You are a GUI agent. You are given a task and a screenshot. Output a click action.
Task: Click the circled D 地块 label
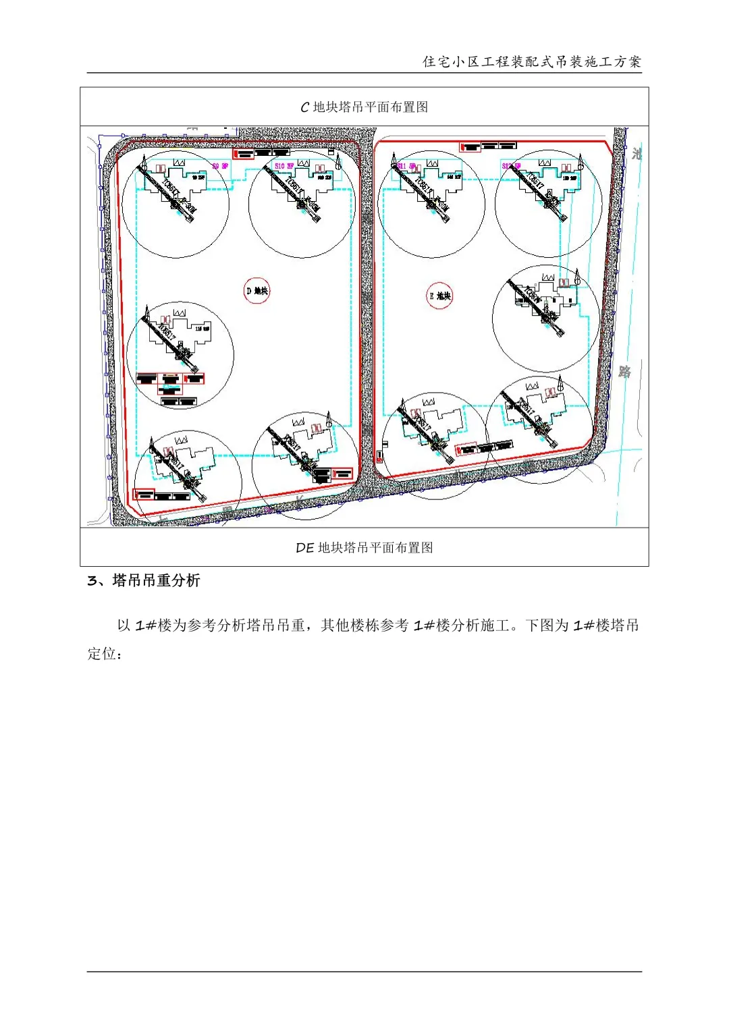[256, 291]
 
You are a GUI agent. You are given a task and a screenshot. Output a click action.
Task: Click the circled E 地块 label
[439, 296]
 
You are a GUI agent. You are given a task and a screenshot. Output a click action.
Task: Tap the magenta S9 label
[220, 166]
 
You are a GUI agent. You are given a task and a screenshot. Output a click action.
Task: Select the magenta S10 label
[283, 165]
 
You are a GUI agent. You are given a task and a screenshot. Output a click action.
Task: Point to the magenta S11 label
[406, 166]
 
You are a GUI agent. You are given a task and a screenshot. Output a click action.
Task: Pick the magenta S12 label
[511, 165]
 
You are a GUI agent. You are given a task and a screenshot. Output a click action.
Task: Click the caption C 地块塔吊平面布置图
[364, 107]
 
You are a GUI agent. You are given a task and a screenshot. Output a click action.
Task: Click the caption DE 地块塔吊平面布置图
[364, 547]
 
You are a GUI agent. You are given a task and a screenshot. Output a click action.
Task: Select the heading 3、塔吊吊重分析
[144, 581]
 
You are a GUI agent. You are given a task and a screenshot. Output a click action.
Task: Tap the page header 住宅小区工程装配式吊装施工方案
[532, 61]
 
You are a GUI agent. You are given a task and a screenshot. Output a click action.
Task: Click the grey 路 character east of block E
[624, 372]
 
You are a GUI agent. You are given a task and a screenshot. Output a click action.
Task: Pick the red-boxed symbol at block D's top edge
[244, 153]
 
